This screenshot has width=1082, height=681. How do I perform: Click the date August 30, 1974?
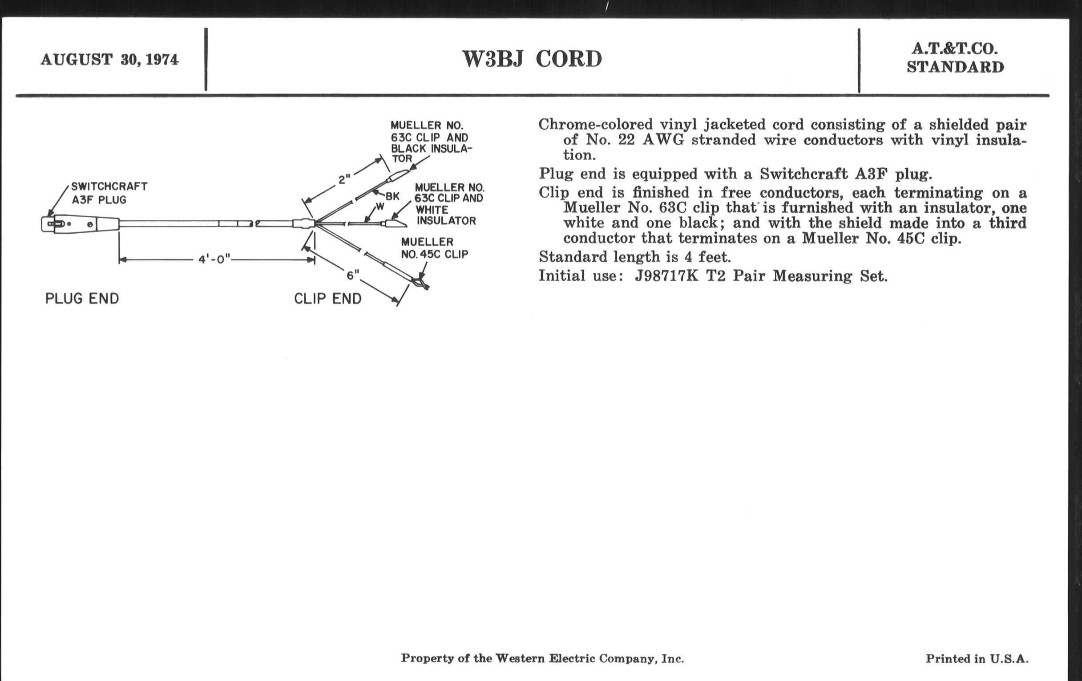(x=109, y=60)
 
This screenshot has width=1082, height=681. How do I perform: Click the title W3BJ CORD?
(x=532, y=59)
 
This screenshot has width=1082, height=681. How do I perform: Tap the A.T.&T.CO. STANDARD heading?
(x=955, y=58)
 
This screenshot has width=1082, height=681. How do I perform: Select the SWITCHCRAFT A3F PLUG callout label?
(x=109, y=193)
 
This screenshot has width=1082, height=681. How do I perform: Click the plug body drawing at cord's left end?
(x=81, y=224)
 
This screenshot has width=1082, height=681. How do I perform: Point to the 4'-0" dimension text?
(x=214, y=260)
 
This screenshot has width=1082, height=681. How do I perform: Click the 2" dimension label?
(x=344, y=180)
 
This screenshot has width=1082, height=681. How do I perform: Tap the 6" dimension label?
(x=353, y=275)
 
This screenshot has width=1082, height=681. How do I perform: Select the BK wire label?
(x=392, y=196)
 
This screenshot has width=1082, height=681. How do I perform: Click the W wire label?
(x=380, y=207)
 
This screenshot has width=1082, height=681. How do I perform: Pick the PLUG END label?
(x=82, y=299)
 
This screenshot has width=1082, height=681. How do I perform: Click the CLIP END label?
(x=327, y=299)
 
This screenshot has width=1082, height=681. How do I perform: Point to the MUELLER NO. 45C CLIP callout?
(x=434, y=248)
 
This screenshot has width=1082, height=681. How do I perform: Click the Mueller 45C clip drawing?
(x=420, y=283)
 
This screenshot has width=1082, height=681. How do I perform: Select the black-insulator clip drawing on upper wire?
(x=397, y=175)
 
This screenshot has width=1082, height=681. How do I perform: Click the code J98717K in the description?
(x=666, y=276)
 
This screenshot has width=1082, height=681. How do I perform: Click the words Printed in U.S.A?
(x=977, y=659)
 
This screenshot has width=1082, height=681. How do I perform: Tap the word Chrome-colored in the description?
(x=595, y=125)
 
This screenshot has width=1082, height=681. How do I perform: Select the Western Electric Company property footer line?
(x=542, y=659)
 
